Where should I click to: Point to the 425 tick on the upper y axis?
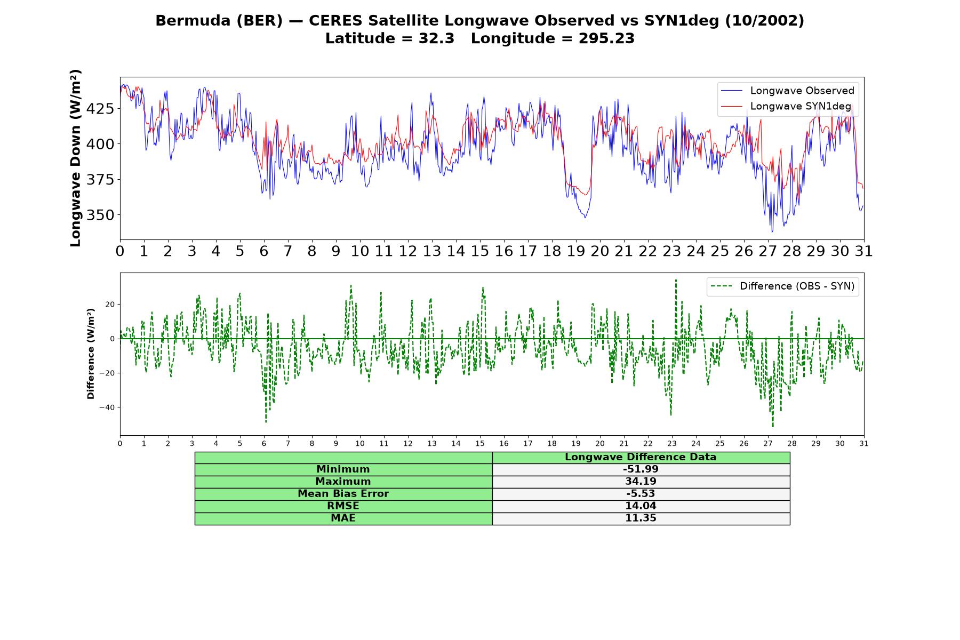coord(100,109)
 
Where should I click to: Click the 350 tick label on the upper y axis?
coord(100,215)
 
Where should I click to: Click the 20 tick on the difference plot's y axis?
coord(109,305)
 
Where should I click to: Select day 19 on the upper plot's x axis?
coord(576,251)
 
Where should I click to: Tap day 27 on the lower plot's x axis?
coord(768,444)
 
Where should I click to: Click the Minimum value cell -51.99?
coord(641,469)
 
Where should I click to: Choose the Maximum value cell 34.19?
coord(641,482)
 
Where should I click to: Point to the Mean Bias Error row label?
coord(343,494)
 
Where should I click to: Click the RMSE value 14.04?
coord(641,506)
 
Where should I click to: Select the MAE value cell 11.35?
coord(641,518)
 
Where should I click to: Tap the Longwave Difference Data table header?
coord(641,457)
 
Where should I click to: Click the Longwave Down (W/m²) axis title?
coord(75,158)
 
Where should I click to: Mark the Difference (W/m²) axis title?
coord(91,354)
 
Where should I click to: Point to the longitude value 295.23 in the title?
coord(606,38)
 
